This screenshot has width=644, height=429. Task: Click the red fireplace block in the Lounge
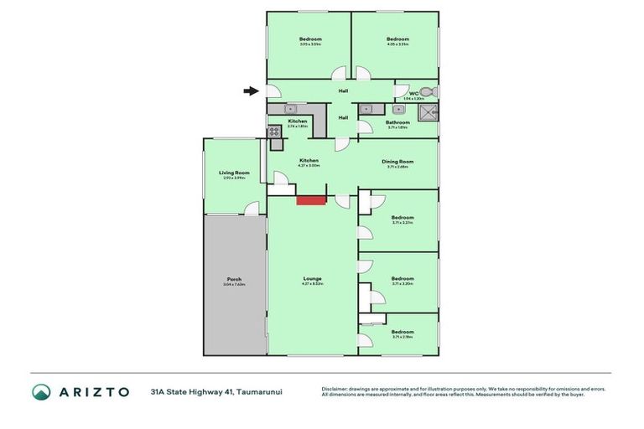[310, 199]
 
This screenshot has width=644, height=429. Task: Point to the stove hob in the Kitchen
[273, 132]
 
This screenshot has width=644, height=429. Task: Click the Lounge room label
[312, 279]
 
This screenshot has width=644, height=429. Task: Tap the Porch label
[234, 279]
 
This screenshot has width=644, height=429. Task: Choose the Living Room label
[234, 173]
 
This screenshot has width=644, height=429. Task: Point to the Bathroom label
[397, 122]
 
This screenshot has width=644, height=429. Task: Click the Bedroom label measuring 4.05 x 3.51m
[397, 39]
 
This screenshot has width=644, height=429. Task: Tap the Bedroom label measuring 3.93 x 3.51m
[310, 39]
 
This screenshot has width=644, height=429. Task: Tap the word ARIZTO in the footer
[93, 391]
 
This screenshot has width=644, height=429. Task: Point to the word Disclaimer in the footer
[336, 388]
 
